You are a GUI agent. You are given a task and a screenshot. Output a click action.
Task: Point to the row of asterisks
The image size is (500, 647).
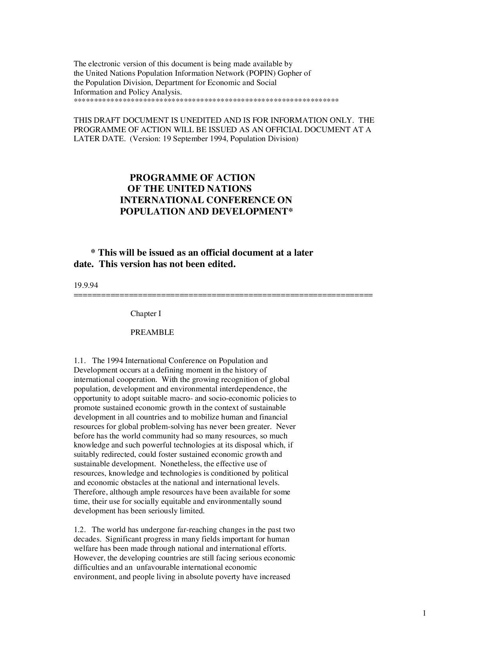[206, 102]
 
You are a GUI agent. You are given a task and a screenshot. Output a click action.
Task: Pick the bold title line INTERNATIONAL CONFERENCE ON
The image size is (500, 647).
[205, 200]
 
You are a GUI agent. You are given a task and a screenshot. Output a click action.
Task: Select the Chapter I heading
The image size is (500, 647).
[146, 314]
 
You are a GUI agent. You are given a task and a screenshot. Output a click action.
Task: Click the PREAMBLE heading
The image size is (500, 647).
[152, 333]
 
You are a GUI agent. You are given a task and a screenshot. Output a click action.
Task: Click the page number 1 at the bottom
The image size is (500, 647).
[424, 614]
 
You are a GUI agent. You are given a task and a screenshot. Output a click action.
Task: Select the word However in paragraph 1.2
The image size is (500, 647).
[87, 558]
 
